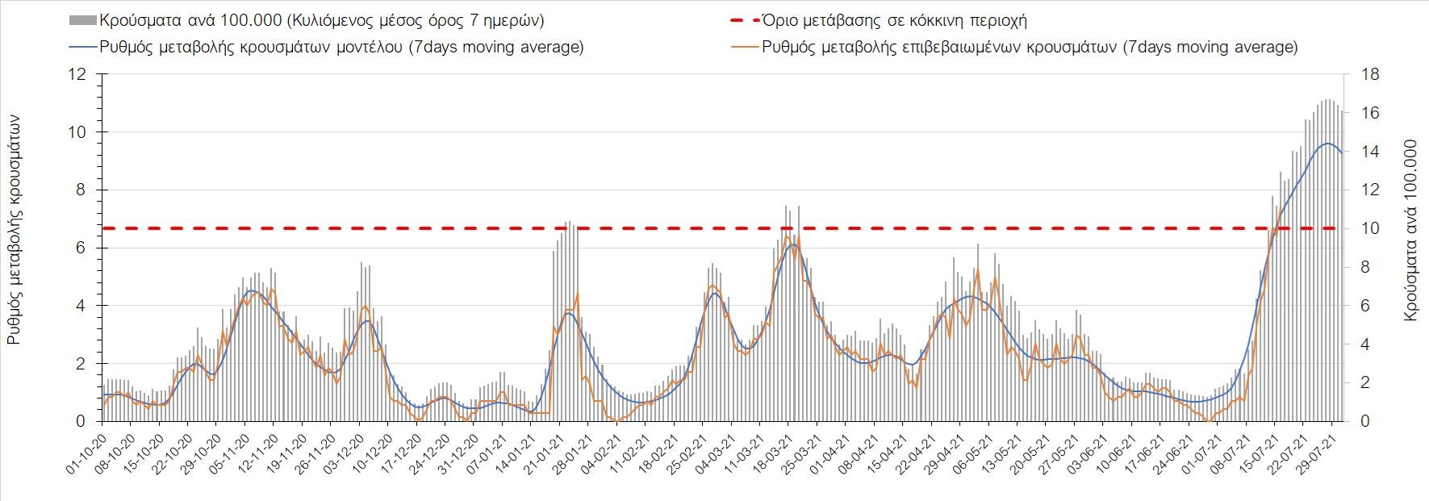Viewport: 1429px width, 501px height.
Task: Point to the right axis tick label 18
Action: pos(1370,75)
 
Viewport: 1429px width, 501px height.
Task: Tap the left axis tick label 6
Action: pos(81,248)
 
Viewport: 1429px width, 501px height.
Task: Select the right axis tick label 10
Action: pos(1370,229)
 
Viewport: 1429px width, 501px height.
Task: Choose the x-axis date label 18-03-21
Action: pos(775,456)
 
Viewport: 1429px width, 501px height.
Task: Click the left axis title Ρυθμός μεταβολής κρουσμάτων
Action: pos(15,229)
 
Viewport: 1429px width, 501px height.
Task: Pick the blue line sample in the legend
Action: pos(83,47)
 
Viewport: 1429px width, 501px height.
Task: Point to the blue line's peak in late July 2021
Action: pos(1327,144)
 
